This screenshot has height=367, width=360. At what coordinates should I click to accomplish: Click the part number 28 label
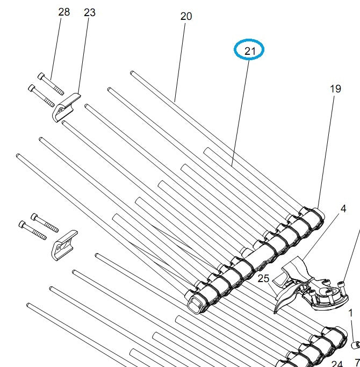point(64,12)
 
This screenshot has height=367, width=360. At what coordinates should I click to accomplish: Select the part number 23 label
point(90,12)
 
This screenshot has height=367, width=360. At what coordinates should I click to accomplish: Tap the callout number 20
point(186,16)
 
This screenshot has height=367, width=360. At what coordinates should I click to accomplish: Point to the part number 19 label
point(335,89)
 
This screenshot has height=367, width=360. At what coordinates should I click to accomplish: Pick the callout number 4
point(343,208)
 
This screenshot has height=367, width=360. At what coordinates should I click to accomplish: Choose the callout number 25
point(263,278)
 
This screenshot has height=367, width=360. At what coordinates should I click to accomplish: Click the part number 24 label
point(337,364)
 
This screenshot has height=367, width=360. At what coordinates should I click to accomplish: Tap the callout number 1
point(351,313)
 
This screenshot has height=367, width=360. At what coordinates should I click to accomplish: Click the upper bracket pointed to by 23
point(66,107)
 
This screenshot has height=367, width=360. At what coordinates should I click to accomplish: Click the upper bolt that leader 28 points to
point(51,84)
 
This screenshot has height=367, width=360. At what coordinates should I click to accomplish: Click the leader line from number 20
point(181,59)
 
